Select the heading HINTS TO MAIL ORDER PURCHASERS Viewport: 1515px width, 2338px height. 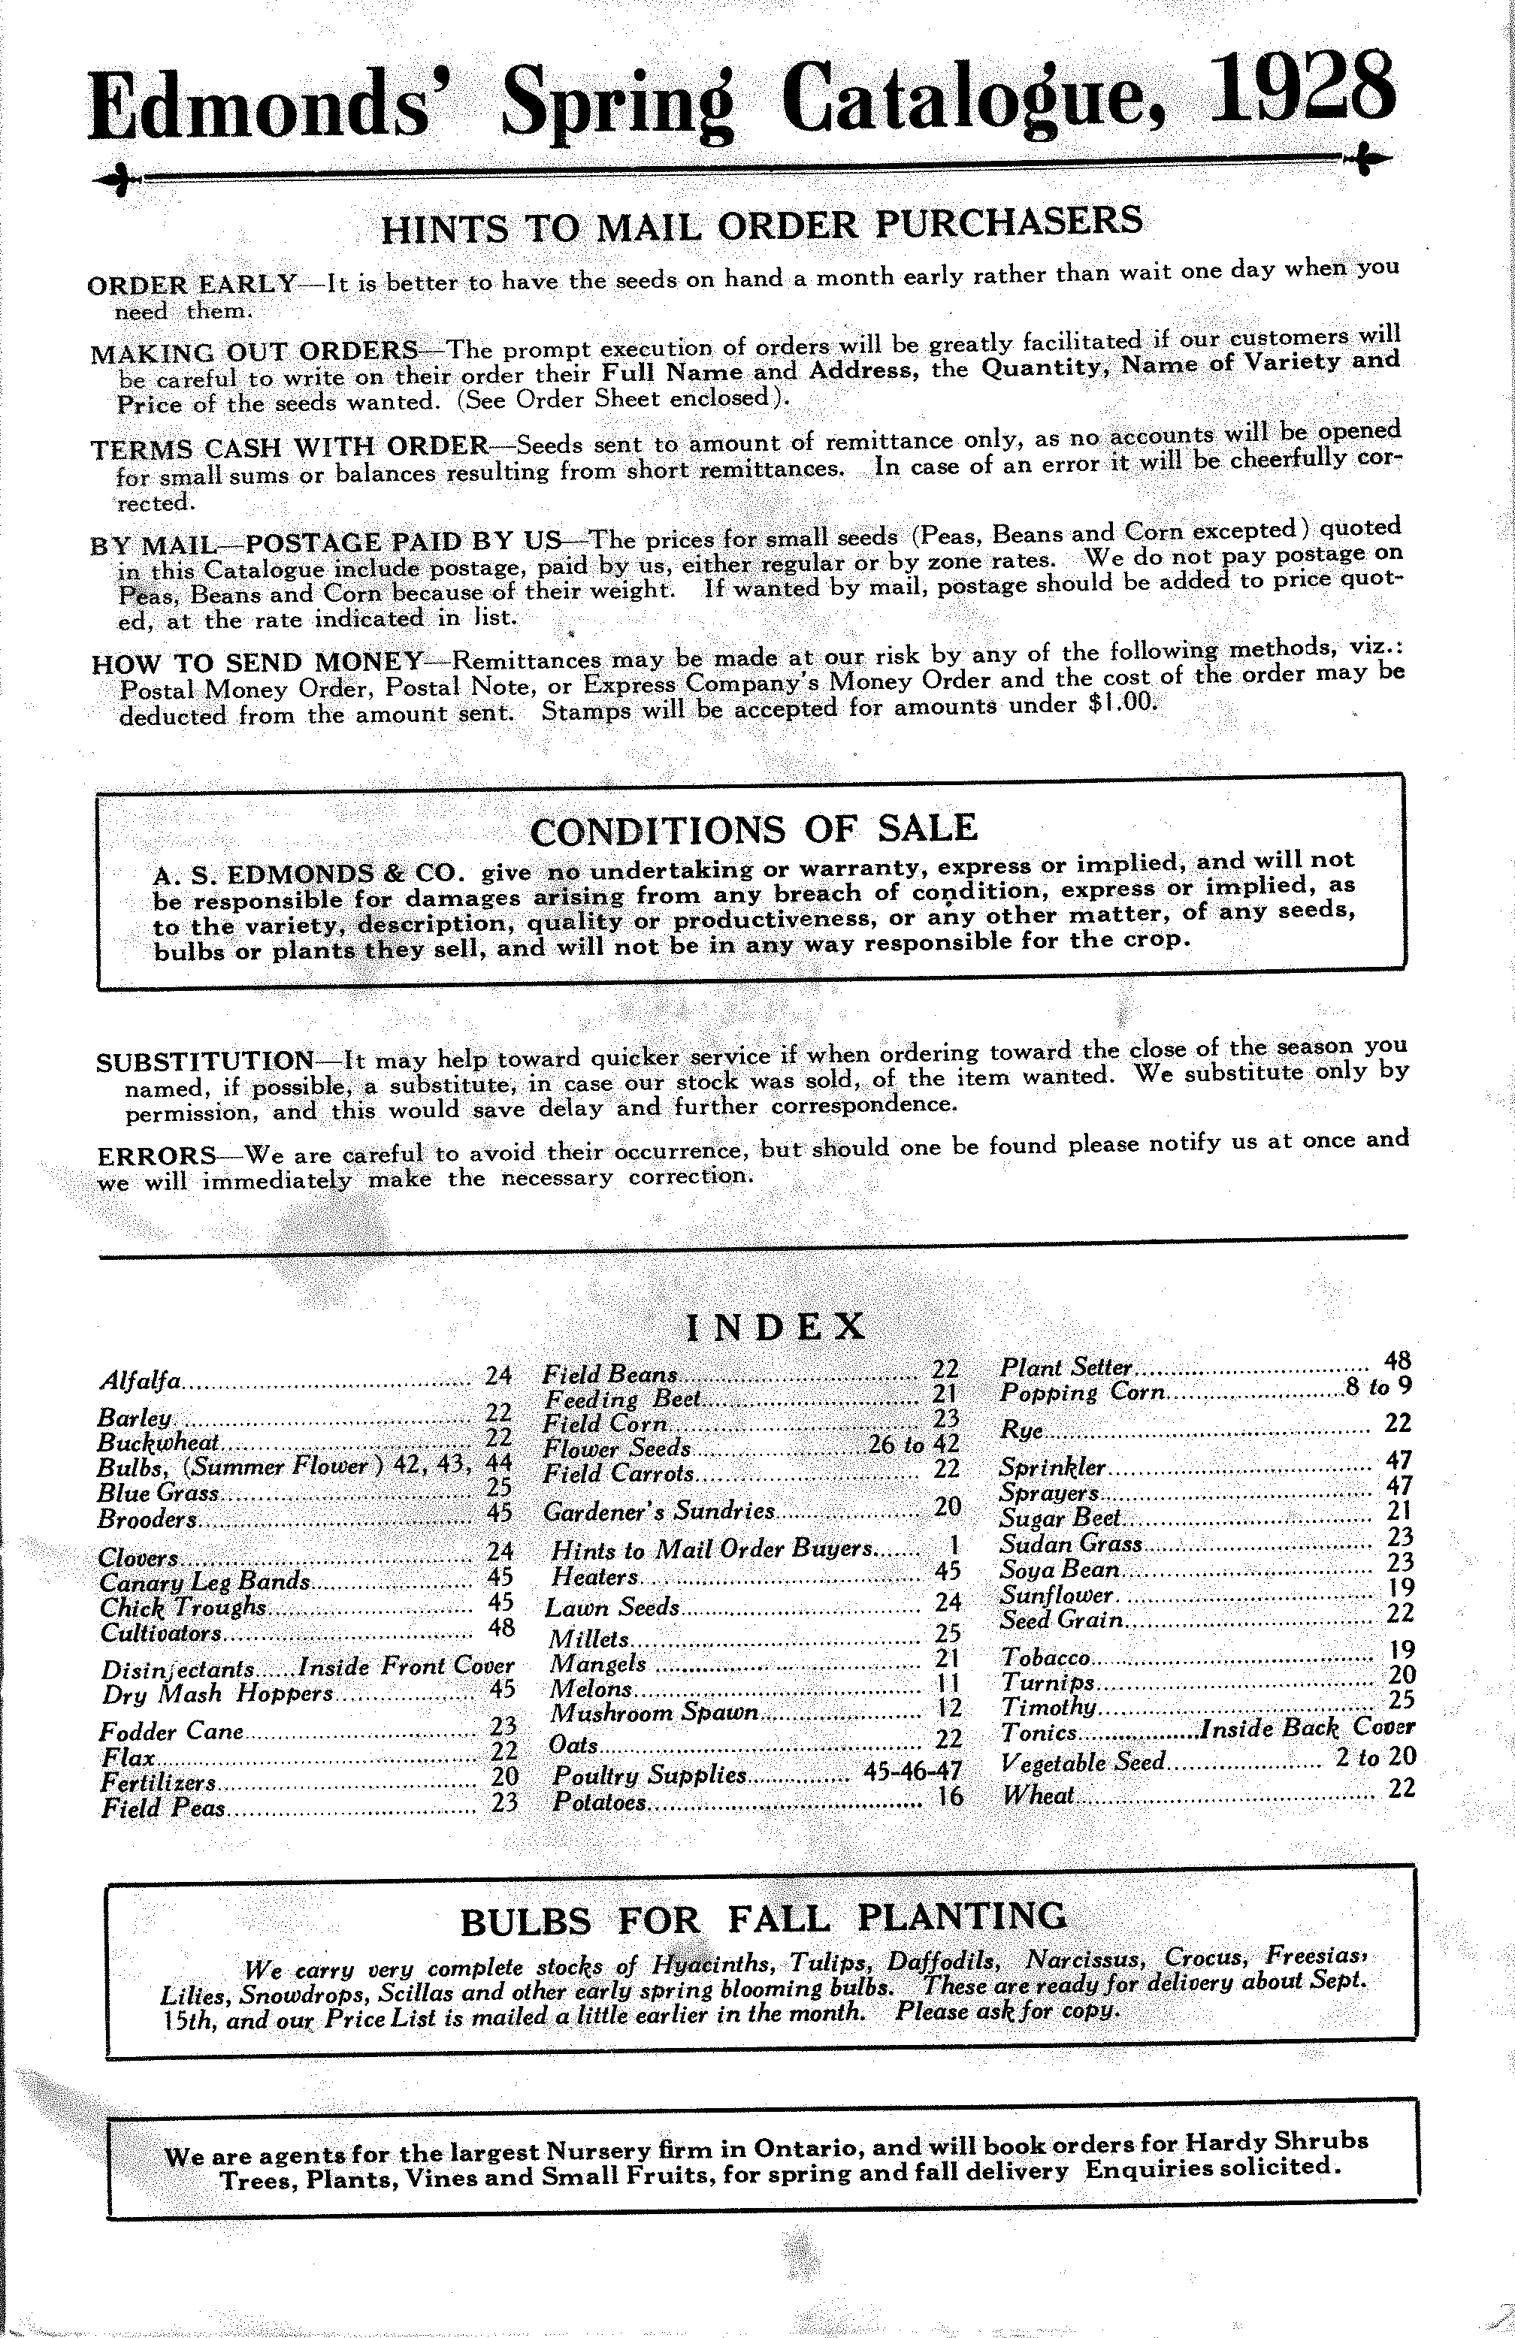[761, 224]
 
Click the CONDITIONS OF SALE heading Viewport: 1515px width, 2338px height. [754, 828]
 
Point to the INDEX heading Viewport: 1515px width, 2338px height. [774, 1328]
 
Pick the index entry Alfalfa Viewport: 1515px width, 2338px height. [141, 1380]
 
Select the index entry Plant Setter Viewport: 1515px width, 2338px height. [1067, 1367]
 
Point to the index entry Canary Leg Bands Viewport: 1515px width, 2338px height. [204, 1581]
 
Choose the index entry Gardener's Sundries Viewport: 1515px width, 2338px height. [659, 1511]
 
